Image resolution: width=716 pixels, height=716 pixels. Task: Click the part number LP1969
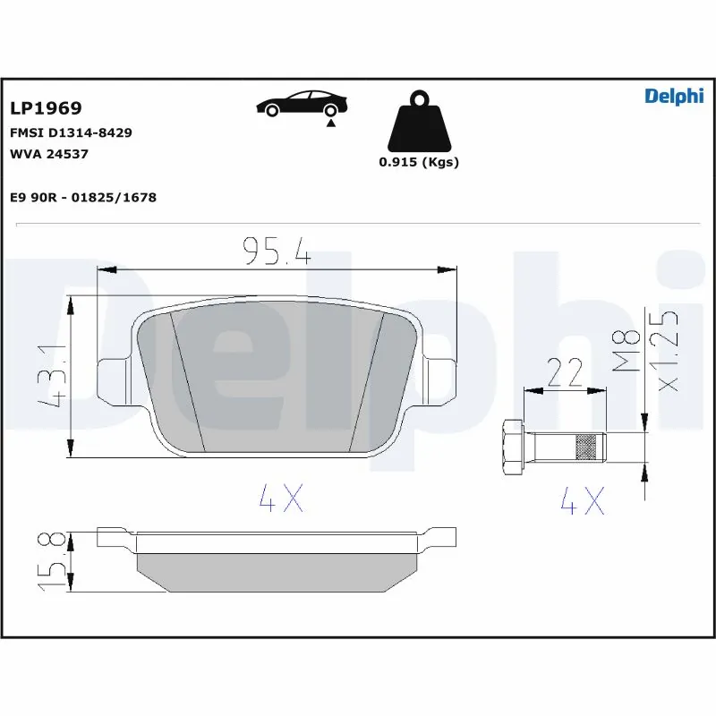click(x=46, y=108)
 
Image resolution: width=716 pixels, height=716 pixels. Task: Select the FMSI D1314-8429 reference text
click(x=71, y=132)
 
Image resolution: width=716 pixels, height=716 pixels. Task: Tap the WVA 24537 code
click(x=48, y=153)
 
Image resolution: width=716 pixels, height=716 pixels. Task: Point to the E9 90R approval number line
click(x=82, y=197)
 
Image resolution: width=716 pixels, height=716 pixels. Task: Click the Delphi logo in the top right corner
click(x=674, y=97)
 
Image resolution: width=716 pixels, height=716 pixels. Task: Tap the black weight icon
click(x=418, y=122)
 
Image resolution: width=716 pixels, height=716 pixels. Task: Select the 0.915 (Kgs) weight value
click(x=418, y=162)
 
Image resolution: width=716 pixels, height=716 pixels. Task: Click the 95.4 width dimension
click(x=277, y=251)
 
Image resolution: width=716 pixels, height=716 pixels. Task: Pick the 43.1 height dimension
click(x=55, y=375)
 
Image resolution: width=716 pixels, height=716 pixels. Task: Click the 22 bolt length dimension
click(x=565, y=371)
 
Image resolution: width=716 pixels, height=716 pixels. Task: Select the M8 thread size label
click(x=632, y=350)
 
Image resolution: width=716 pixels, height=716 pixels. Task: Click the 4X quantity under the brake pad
click(x=280, y=499)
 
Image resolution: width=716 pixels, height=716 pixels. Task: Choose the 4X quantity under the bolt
click(x=582, y=501)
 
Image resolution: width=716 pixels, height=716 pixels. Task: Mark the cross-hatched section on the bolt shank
click(x=587, y=445)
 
